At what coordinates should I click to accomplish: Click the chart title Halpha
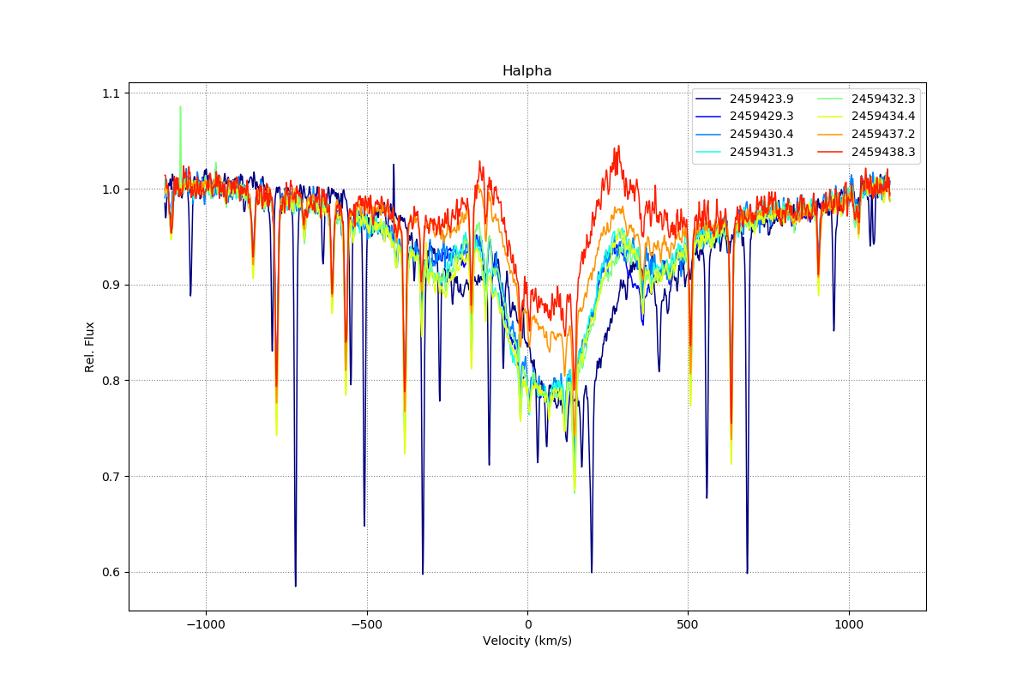(x=527, y=71)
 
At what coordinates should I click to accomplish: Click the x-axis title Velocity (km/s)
(x=527, y=641)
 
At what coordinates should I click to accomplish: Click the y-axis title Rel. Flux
(x=89, y=346)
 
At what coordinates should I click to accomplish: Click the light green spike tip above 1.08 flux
(x=180, y=107)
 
